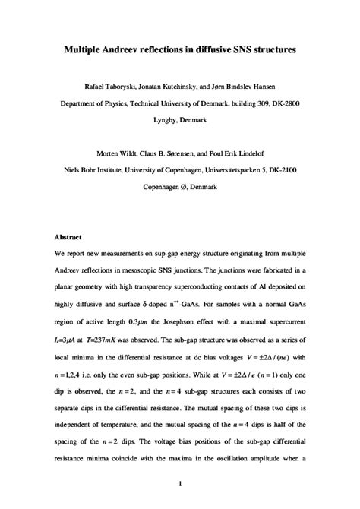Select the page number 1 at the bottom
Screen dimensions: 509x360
coord(179,482)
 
